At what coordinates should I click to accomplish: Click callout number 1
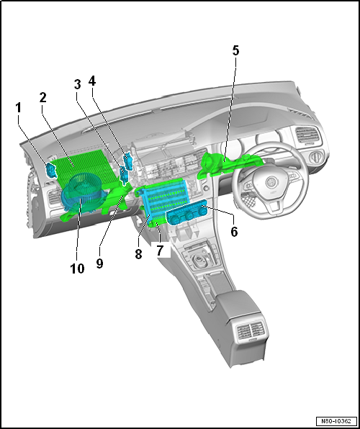pos(18,108)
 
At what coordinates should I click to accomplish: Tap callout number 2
pos(42,98)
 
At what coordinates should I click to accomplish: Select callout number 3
pos(78,84)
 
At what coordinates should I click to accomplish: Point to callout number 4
pos(92,81)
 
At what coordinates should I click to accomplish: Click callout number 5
pos(235,50)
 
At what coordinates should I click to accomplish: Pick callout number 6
pos(234,232)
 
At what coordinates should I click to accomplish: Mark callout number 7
pos(160,250)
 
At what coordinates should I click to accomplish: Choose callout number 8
pos(138,254)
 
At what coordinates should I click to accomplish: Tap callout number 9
pos(99,263)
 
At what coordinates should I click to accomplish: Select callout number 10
pos(77,268)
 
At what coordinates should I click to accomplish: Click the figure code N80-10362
pos(336,420)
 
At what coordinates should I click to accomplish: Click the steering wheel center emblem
pos(271,182)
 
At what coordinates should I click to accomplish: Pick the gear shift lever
pos(200,259)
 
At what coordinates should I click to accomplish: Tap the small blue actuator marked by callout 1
pos(50,170)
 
